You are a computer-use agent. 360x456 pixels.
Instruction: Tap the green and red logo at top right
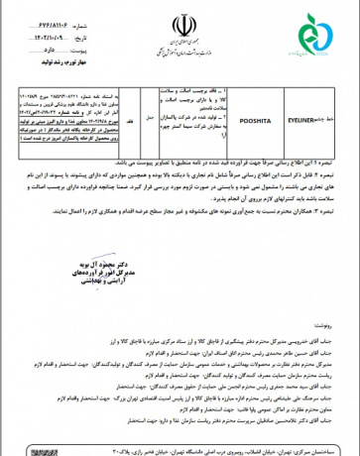click(328, 28)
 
